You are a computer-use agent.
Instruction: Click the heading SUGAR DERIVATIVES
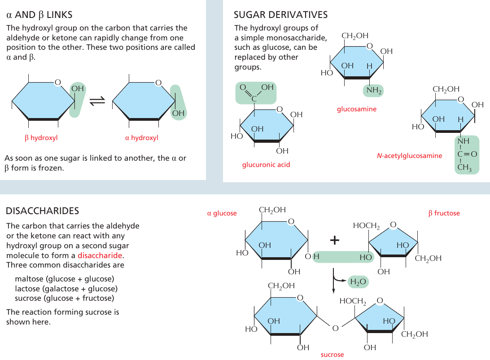coord(281,15)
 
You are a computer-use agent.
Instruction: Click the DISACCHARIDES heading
coord(42,211)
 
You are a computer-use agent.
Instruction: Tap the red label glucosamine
coord(357,109)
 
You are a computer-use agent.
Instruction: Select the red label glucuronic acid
coord(266,165)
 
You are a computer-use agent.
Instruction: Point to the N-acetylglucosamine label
coord(409,156)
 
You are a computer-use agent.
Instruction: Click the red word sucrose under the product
coord(332,355)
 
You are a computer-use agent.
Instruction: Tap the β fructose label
coord(444,213)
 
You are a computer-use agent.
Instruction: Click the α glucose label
coord(222,213)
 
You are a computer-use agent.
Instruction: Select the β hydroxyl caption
coord(41,138)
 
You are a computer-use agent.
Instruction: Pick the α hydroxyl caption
coord(141,138)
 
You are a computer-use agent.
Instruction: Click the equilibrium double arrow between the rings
coord(97,102)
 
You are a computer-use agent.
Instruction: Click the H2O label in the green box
coord(358,282)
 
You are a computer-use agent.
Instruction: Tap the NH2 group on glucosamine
coord(373,91)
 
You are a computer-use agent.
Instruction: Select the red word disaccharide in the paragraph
coord(101,255)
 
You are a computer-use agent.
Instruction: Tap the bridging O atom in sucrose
coord(335,329)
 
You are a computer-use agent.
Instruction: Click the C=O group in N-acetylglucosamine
coord(467,154)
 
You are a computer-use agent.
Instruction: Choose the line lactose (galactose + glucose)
coord(66,289)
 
